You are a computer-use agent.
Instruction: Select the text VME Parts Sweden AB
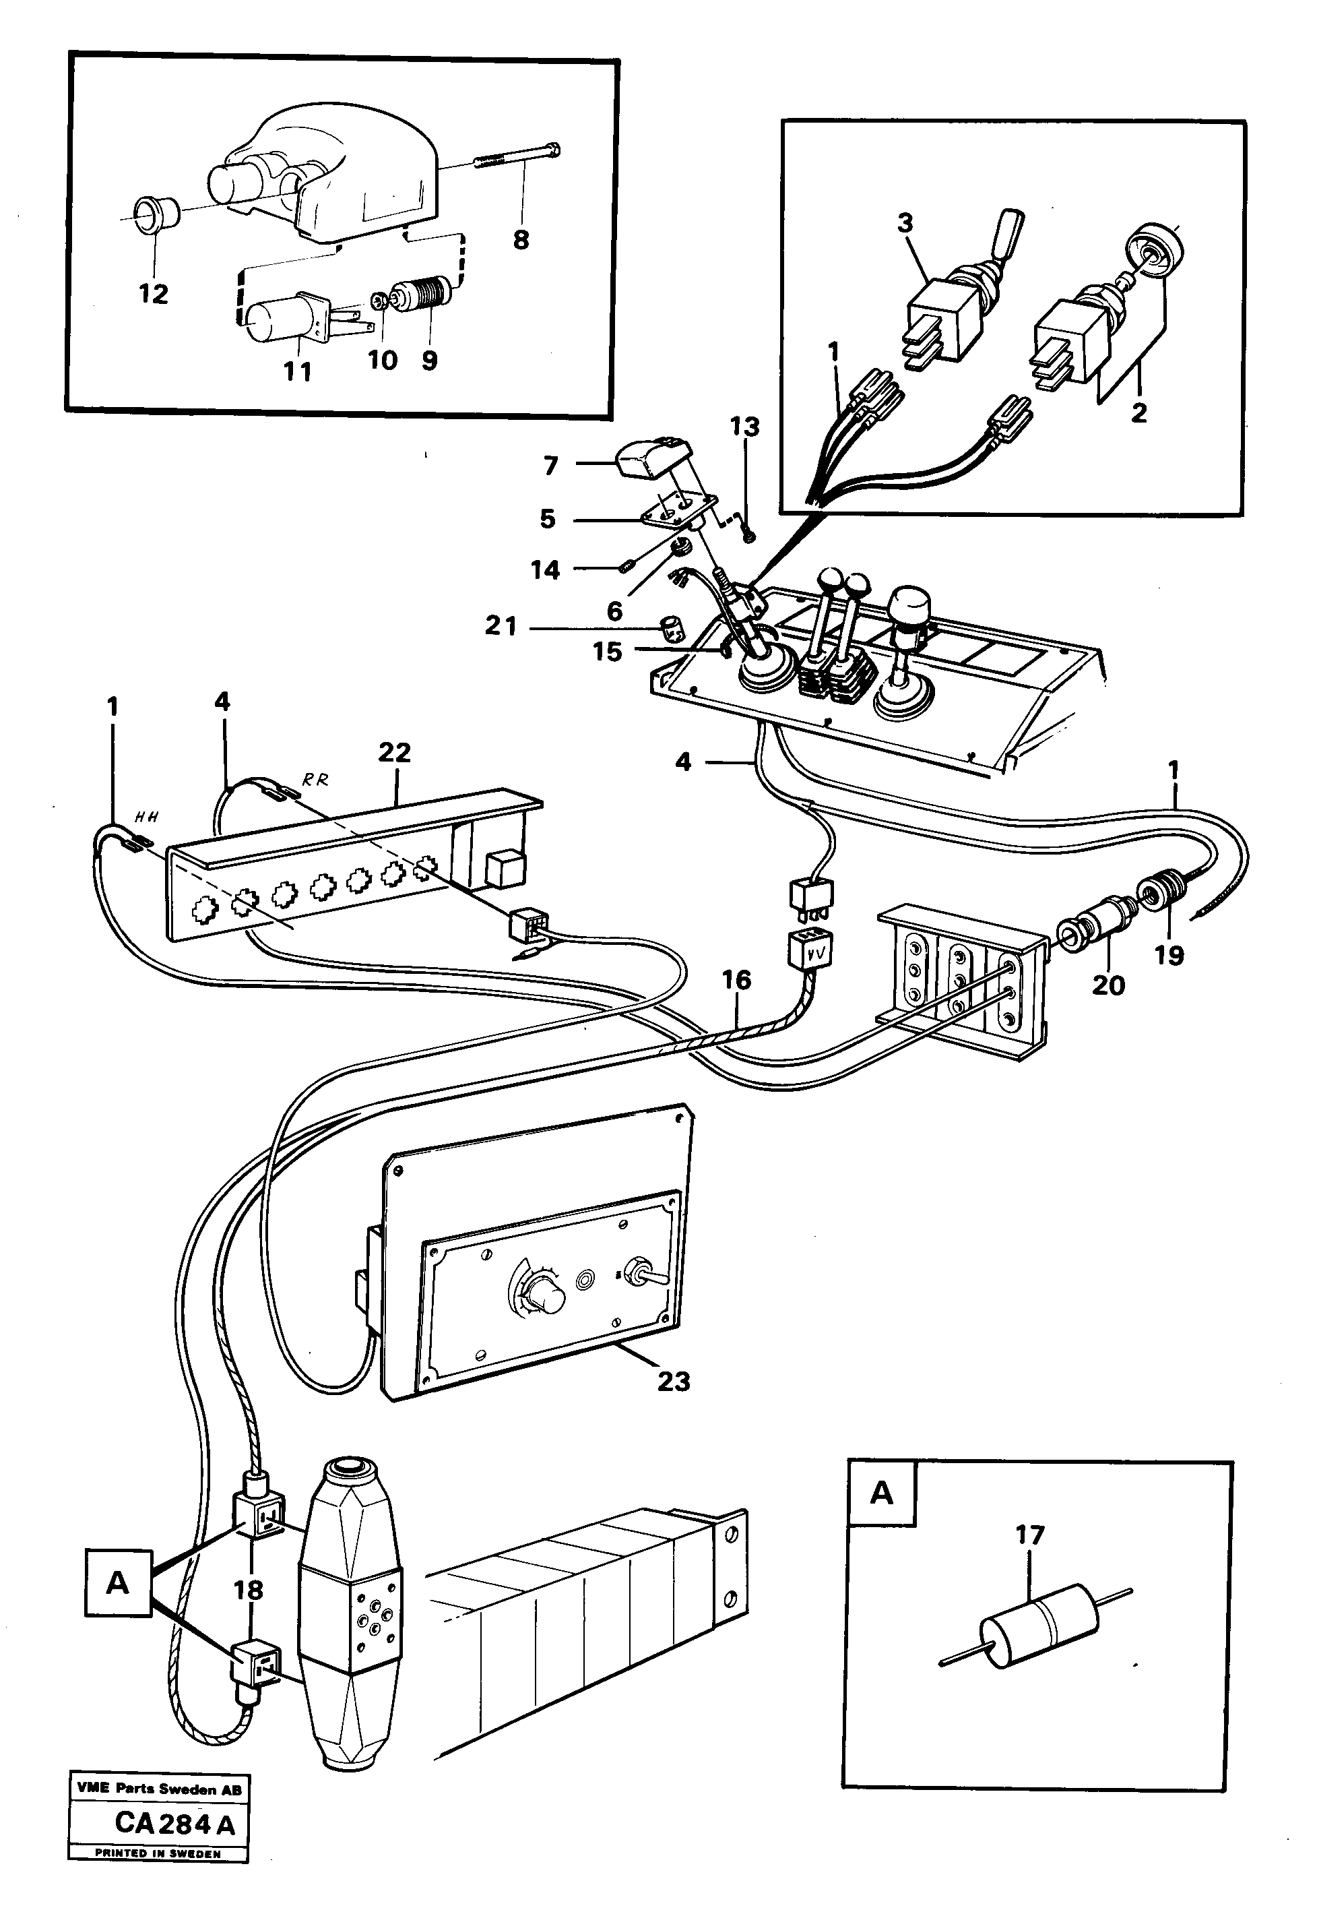pos(158,1812)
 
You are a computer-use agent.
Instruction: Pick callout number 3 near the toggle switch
pos(905,223)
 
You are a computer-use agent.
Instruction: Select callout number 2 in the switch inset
pos(1138,412)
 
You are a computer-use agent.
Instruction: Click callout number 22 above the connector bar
pos(395,752)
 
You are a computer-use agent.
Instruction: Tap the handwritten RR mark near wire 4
pos(316,779)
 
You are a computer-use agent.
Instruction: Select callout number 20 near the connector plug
pos(1108,985)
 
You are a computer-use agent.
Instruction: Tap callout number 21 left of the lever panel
pos(501,627)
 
